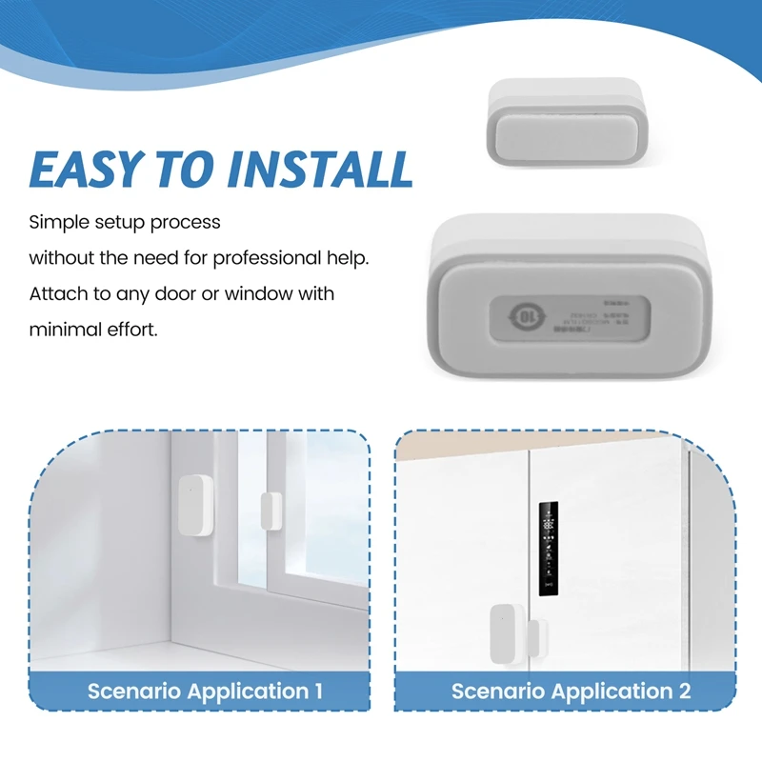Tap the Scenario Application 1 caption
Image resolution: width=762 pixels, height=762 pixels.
coord(205,691)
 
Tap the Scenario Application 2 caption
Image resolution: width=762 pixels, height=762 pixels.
coord(571,691)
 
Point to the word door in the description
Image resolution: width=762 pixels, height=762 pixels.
coord(177,292)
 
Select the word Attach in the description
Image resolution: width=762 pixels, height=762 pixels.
coord(57,292)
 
